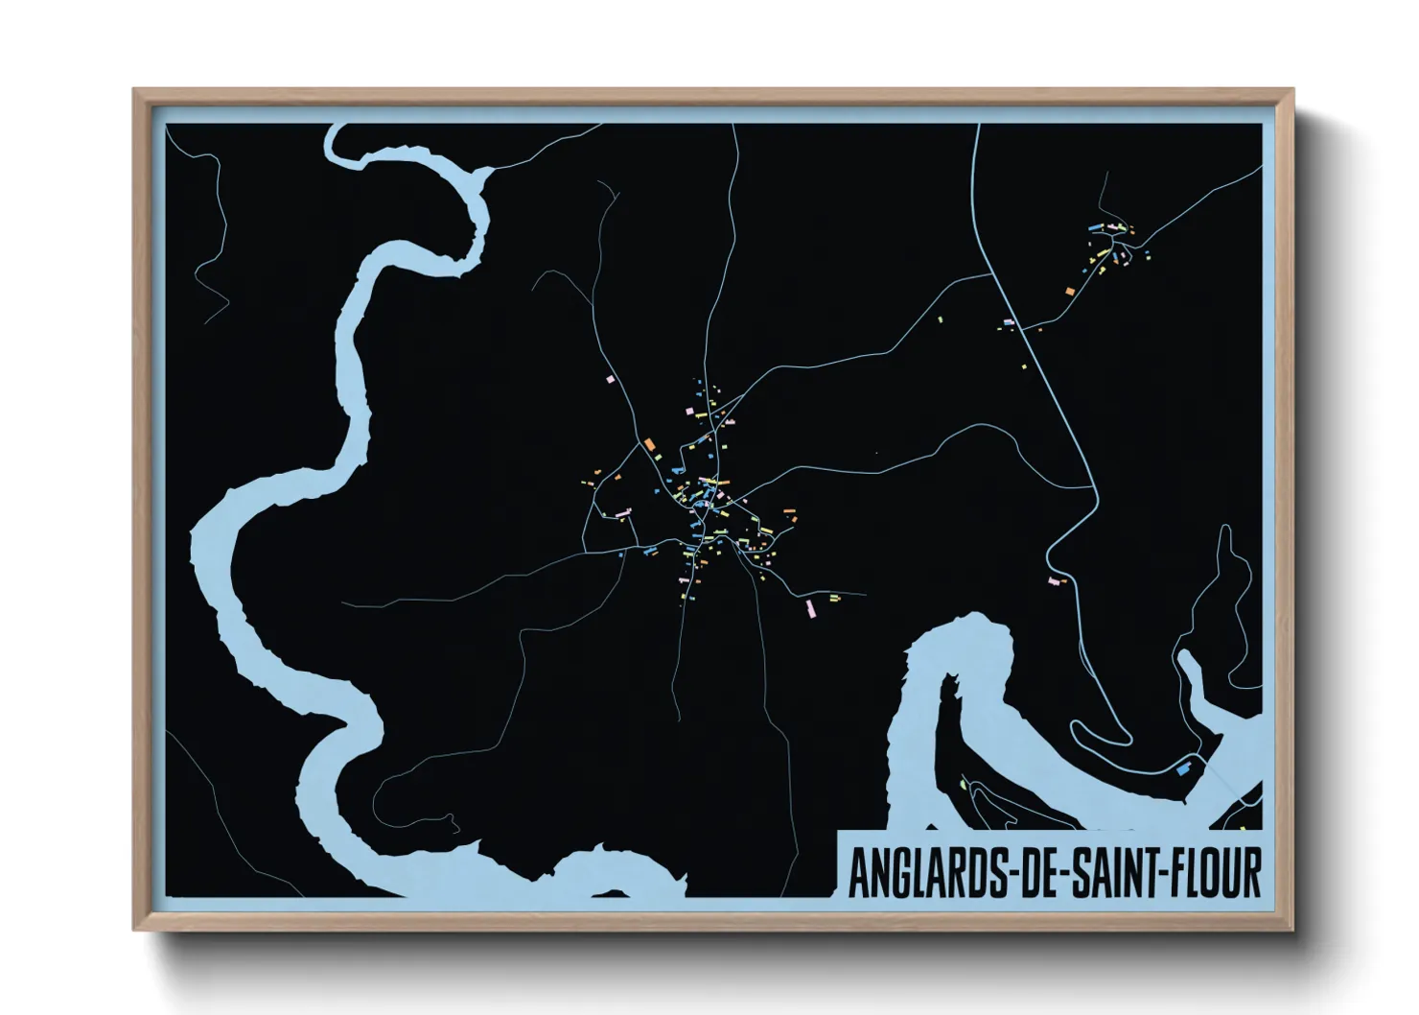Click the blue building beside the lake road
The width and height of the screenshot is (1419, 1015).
1182,767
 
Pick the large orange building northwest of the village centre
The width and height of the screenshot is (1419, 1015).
649,444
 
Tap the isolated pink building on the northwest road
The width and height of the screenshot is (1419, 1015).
608,380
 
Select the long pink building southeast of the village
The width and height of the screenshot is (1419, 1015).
810,608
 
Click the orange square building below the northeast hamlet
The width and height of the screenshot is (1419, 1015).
1069,291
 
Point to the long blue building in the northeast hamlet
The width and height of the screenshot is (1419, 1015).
1093,226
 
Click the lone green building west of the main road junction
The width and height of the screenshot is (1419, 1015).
940,319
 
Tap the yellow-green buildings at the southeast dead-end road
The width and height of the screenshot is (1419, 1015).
834,598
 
